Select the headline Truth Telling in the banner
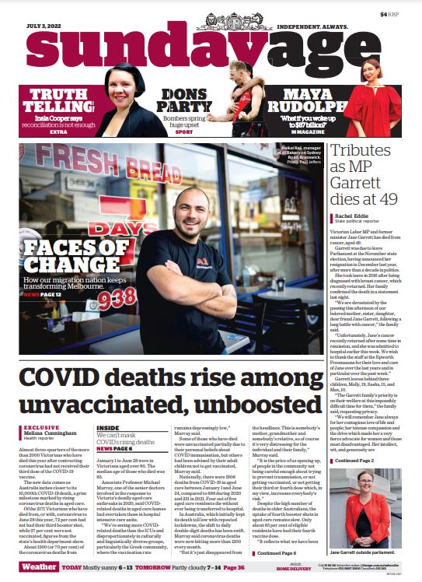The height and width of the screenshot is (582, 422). click(x=58, y=102)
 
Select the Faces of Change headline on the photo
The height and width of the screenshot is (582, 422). click(x=67, y=259)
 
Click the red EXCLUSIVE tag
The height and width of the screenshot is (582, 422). click(x=42, y=427)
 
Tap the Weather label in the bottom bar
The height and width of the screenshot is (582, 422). click(x=38, y=568)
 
